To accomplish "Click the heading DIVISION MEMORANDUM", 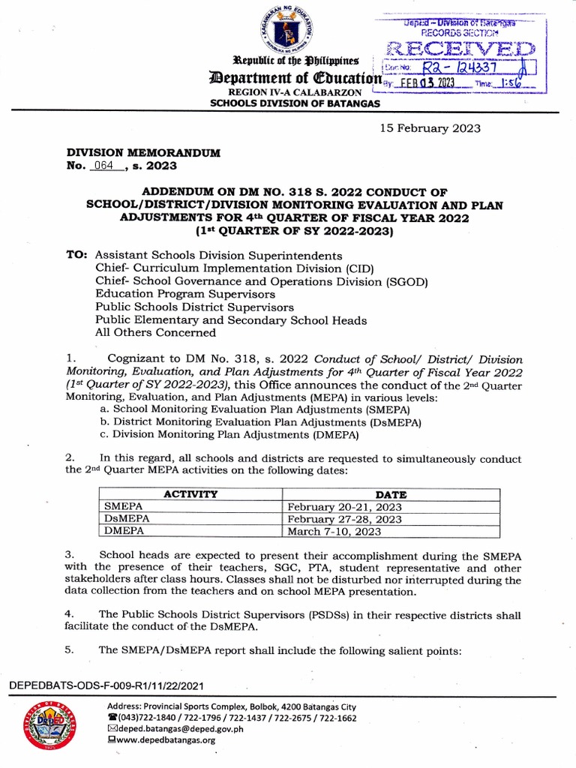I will click(143, 152).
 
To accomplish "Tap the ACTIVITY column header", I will click(190, 494).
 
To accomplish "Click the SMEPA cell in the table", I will click(123, 507).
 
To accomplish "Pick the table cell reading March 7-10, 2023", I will click(334, 532).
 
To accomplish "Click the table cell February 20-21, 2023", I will click(345, 507).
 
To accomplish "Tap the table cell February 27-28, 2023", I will click(345, 519).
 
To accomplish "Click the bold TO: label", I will click(78, 254).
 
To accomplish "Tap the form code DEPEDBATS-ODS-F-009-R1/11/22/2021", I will click(105, 686).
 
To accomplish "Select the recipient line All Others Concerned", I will click(155, 333).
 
